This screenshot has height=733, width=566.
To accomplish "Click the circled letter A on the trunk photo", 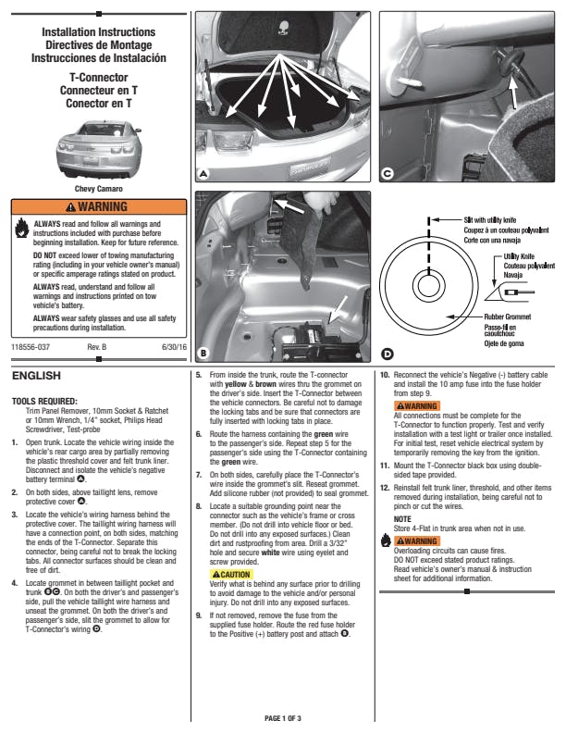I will pos(203,173).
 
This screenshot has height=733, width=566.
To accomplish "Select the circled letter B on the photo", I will pos(203,353).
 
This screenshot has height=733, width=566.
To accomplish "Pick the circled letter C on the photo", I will pos(387,173).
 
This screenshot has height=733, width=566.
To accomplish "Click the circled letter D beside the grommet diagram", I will pos(387,353).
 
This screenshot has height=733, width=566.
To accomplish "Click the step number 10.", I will pos(385,375).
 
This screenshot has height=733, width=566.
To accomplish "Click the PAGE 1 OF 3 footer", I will pos(283,718).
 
